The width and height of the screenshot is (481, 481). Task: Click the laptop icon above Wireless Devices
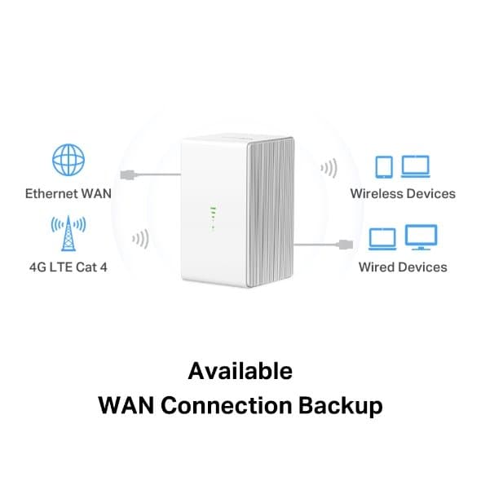pos(417,166)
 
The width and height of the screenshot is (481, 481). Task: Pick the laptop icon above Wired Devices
pos(383,238)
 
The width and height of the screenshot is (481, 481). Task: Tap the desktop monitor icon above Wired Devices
pos(421,237)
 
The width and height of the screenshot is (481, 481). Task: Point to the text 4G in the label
pos(38,267)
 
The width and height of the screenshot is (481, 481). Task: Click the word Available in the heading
pos(240,371)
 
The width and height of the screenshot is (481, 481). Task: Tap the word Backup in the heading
pos(346,405)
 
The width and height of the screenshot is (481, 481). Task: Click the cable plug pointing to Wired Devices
pos(347,243)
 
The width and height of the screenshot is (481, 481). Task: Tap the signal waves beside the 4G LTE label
pos(140,240)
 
